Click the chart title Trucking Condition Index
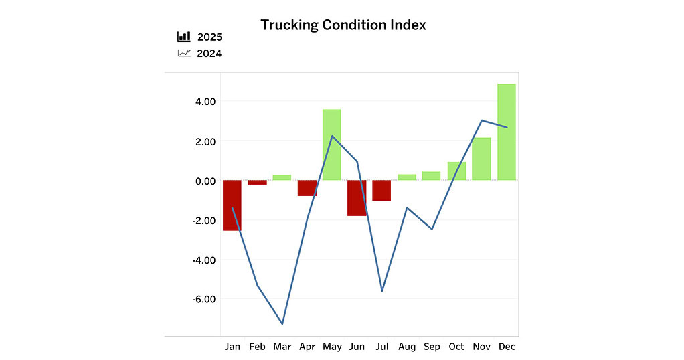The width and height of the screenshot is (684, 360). point(343,25)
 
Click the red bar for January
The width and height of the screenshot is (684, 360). point(232,205)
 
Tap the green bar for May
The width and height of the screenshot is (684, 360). point(331,145)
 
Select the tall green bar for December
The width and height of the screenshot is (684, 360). point(507,132)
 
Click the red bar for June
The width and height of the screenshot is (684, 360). point(357,198)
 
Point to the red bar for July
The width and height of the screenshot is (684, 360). point(381,191)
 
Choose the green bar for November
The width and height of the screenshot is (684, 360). point(481,159)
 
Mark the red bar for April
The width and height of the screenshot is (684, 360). point(307,188)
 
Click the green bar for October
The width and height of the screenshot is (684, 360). point(456,171)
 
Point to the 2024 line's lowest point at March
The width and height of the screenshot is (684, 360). point(282,324)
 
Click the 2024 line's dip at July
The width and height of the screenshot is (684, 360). point(382,290)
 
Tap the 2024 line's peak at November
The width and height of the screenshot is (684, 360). point(482,120)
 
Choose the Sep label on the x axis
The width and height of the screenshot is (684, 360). point(432,347)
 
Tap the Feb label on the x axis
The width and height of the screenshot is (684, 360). point(257,347)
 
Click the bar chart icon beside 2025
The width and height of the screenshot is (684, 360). point(184,37)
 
